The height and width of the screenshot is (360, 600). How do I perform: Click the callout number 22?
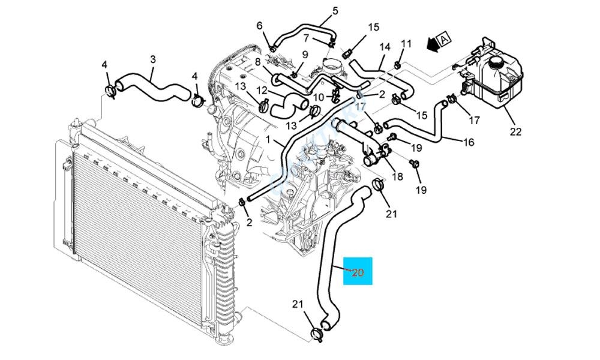[x=515, y=132]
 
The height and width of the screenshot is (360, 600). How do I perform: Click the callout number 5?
[x=335, y=10]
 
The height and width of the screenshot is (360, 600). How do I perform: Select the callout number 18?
[x=397, y=176]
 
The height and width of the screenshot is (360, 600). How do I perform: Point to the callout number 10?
[x=319, y=97]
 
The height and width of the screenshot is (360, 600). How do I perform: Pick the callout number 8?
[x=257, y=62]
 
